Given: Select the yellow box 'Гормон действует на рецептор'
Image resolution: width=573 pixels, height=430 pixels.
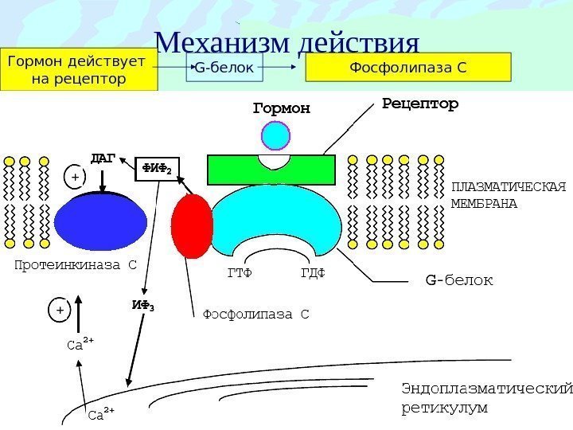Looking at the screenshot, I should tap(76, 70).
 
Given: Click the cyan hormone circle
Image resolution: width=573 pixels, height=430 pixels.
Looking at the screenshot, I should tap(279, 135).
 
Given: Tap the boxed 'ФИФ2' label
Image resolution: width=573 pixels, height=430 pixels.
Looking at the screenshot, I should tap(158, 169).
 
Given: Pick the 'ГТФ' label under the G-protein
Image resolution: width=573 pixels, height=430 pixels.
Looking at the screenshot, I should tap(239, 274).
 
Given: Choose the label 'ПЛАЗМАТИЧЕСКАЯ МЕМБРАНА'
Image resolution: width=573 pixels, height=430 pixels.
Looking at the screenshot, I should tap(508, 195).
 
